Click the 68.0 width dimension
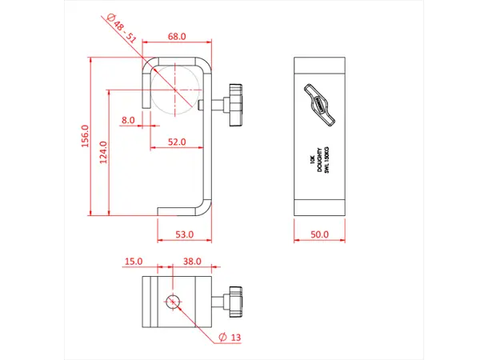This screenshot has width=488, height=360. (177, 37)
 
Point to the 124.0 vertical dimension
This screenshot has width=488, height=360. (102, 150)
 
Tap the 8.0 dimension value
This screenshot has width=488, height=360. (128, 120)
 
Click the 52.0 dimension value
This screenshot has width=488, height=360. (177, 142)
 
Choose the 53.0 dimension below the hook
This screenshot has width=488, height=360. (184, 234)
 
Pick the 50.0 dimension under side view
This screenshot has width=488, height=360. (319, 234)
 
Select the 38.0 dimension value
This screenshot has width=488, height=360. (192, 261)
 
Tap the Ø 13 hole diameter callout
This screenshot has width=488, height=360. (230, 338)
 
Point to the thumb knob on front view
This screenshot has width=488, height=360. (237, 105)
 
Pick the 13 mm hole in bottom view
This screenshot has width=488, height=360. (174, 302)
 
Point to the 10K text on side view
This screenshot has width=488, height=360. (310, 160)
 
